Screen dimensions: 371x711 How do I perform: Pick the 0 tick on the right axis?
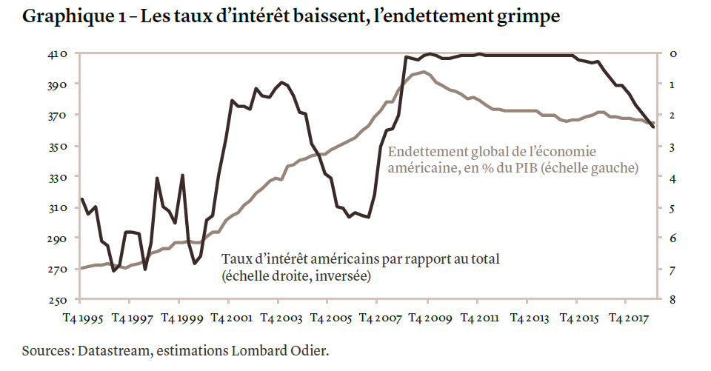point(672,54)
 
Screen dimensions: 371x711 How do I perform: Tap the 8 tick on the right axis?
point(672,300)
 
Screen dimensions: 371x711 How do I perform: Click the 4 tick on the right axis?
point(672,178)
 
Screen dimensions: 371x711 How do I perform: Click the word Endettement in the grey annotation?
point(427,153)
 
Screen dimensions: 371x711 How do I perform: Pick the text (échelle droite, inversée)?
point(296,277)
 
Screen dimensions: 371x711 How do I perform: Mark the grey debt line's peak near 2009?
point(423,72)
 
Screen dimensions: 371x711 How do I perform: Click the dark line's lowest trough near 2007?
point(368,217)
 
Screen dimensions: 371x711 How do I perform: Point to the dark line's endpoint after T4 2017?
point(652,127)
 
